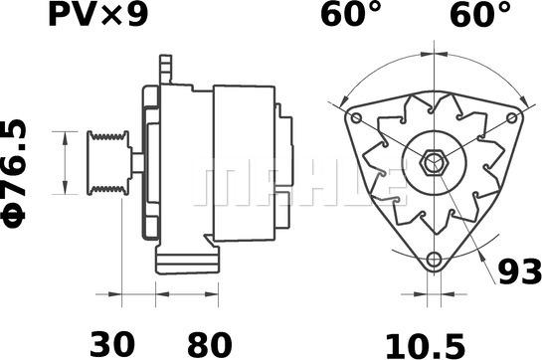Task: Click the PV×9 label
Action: (98, 16)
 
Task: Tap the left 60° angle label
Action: (351, 14)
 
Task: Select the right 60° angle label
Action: (480, 14)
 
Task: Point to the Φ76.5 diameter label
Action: (14, 174)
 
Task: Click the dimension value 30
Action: (112, 344)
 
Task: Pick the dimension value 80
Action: (210, 344)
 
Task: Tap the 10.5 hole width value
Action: (426, 346)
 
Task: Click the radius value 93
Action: (519, 271)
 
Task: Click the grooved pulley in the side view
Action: (108, 162)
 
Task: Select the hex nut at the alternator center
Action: (434, 162)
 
